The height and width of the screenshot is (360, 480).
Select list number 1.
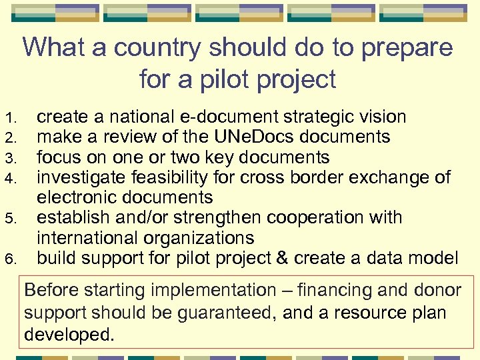9,119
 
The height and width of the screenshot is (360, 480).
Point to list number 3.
9,159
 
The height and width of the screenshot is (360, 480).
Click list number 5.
9,219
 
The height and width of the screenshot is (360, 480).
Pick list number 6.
9,259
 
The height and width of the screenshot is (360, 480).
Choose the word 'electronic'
77,197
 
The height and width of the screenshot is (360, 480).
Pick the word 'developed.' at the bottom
69,334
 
